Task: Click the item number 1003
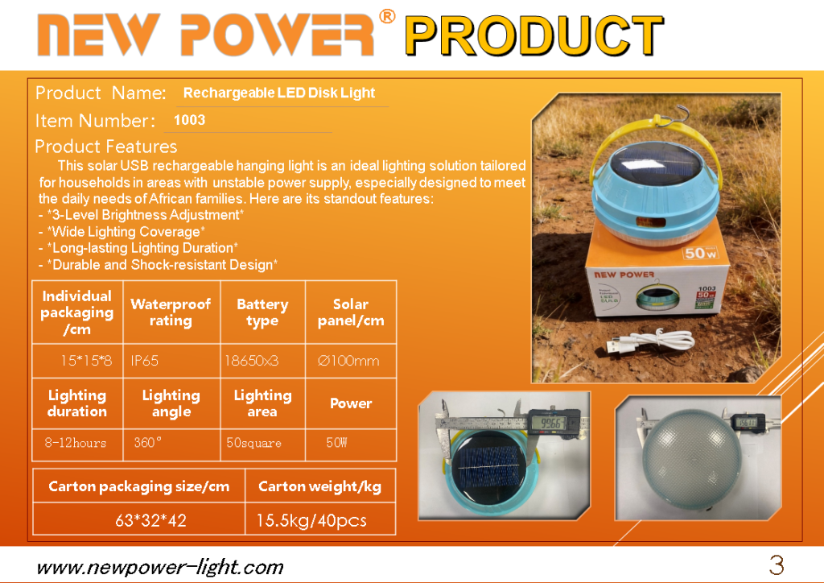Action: coord(189,121)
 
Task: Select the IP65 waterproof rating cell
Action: coord(145,361)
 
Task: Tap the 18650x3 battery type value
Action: coord(252,361)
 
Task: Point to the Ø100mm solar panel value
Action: coord(348,361)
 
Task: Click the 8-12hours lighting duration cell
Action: coord(76,443)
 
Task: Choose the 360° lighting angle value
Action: coord(147,443)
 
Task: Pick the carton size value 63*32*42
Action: coord(150,520)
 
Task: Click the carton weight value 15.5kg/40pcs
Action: coord(311,520)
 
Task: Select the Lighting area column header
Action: coord(262,403)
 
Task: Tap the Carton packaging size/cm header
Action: coord(139,486)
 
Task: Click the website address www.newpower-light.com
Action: coord(160,567)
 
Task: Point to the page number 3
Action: coord(777,565)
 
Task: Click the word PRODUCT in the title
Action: coord(534,35)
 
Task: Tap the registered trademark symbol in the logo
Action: coord(387,16)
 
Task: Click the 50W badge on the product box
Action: coord(701,253)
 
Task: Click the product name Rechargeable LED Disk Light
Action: coord(279,93)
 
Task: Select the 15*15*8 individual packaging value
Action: coord(86,361)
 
